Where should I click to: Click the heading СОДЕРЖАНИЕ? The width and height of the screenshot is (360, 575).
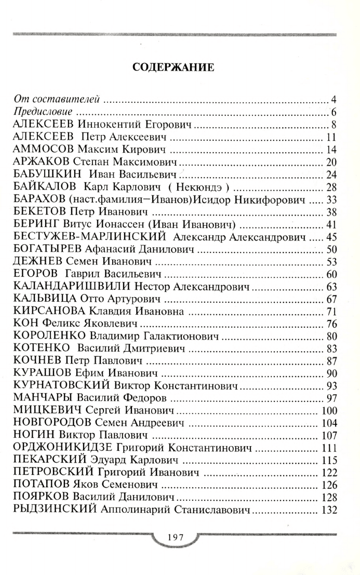click(174, 68)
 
